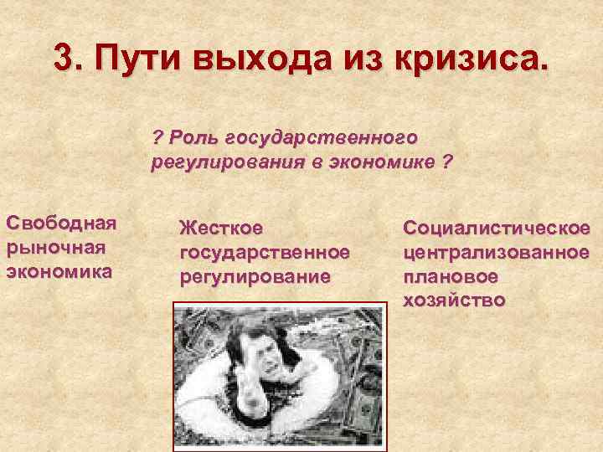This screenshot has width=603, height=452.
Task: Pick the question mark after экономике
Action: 446,162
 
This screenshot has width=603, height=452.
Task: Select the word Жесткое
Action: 221,228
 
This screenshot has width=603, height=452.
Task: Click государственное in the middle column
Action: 264,251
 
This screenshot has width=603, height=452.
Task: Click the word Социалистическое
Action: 497,228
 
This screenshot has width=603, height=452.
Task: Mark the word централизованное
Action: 496,251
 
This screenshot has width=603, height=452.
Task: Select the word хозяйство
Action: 453,300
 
